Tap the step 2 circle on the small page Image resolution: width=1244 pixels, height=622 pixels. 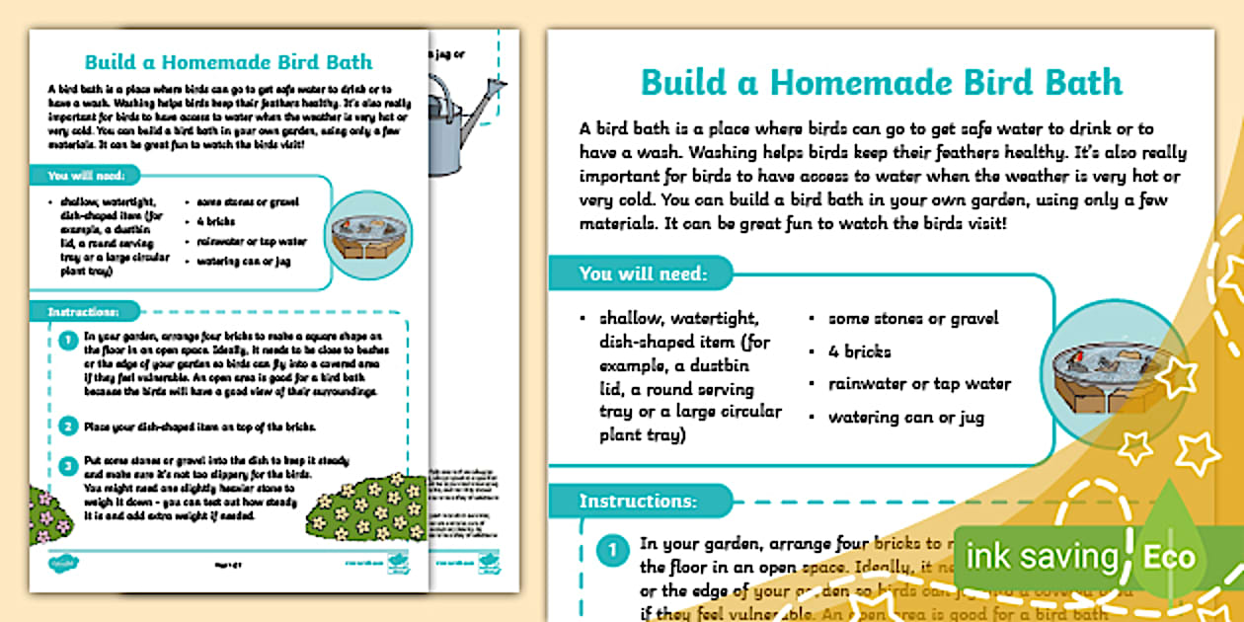[68, 427]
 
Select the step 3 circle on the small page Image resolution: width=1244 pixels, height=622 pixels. [68, 466]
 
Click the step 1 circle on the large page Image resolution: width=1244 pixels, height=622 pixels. [612, 550]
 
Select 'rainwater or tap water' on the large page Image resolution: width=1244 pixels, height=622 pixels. [919, 384]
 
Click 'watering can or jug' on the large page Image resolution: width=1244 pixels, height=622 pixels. [905, 417]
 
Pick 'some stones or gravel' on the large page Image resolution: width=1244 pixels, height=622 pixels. [913, 318]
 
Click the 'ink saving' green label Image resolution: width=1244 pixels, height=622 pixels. [1042, 557]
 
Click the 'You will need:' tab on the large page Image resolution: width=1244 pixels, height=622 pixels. [642, 273]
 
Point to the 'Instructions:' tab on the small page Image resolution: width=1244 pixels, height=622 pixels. [83, 312]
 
